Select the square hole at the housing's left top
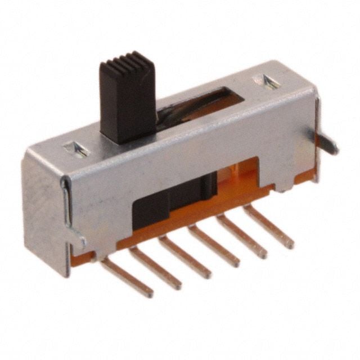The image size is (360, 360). click(x=76, y=149)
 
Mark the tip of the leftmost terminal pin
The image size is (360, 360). click(x=150, y=293)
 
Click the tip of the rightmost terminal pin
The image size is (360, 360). click(x=290, y=245)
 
